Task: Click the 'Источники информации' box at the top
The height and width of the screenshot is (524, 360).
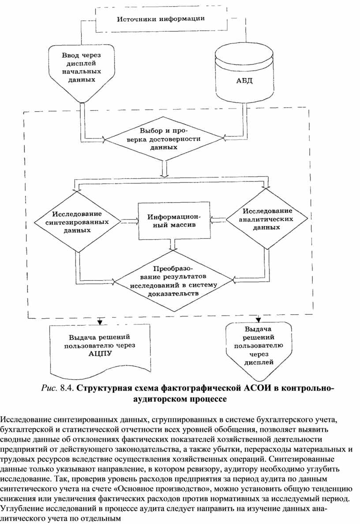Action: coord(160,20)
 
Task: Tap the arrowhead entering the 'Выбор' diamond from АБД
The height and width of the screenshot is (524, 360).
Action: coord(224,139)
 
